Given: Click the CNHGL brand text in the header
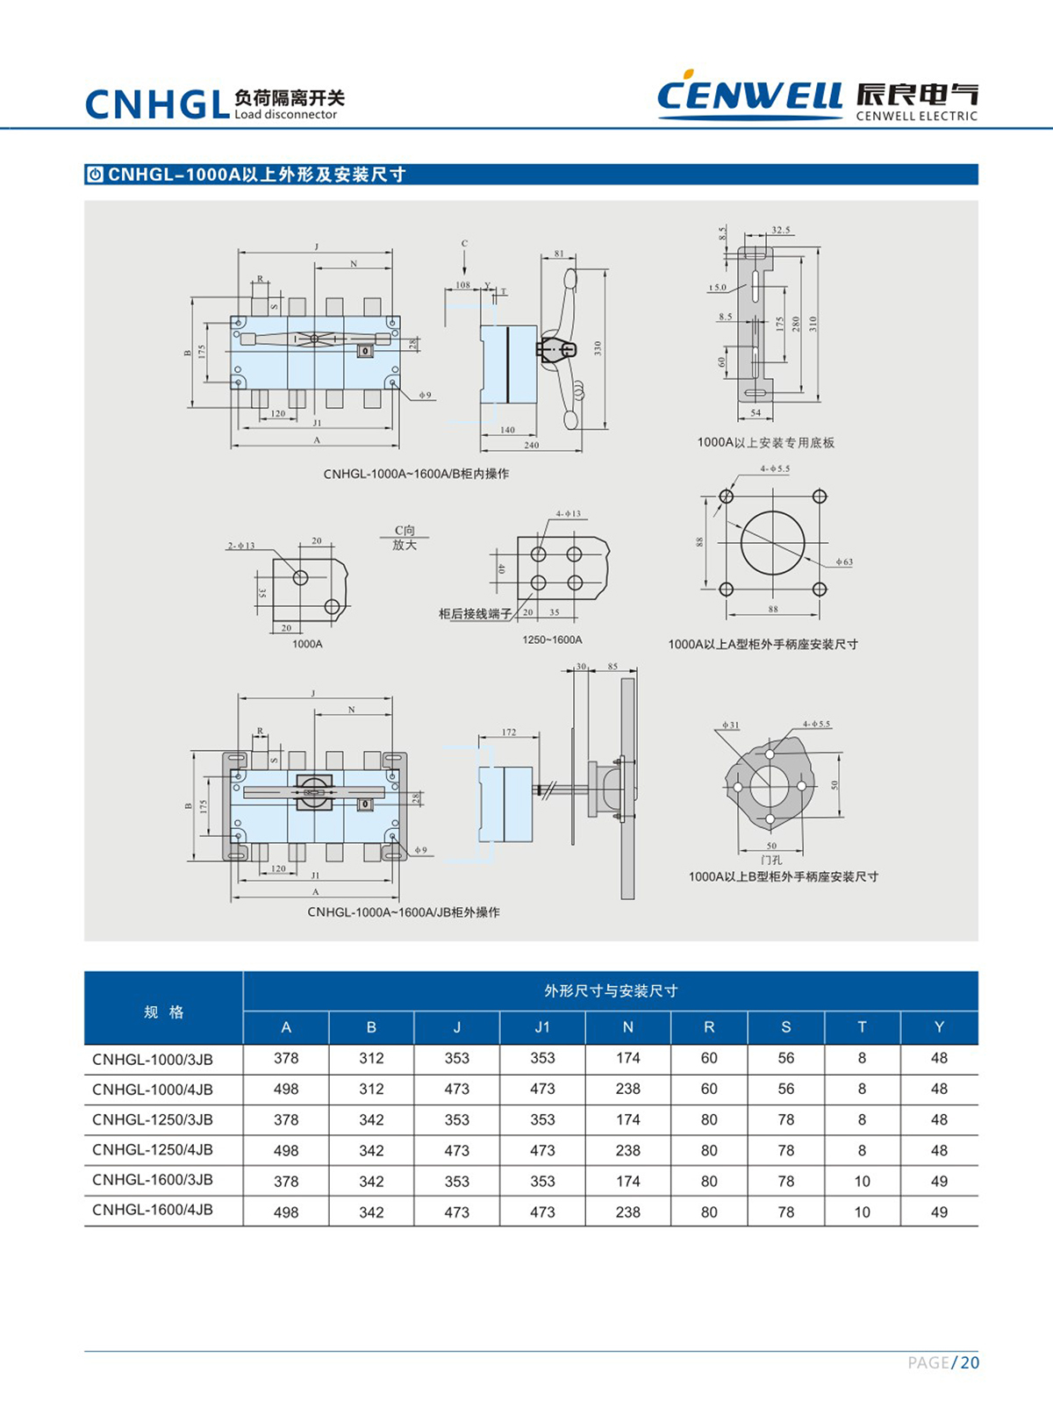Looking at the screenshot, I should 158,104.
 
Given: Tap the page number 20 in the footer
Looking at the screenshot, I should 970,1362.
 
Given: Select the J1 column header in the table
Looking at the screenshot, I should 542,1027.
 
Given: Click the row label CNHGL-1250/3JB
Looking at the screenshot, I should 153,1119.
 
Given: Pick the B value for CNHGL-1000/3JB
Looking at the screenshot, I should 371,1058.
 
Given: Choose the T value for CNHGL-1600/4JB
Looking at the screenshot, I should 862,1211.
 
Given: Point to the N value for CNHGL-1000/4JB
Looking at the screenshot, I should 627,1089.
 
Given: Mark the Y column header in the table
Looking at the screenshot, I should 939,1027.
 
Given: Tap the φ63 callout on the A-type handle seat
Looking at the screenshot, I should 843,562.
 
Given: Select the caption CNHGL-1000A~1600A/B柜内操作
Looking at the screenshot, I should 416,474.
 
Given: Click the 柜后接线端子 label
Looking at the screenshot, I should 475,614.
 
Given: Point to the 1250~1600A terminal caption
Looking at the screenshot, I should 552,640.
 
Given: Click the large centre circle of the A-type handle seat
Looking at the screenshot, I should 772,542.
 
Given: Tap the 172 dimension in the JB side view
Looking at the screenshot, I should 509,732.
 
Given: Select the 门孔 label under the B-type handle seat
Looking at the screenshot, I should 771,860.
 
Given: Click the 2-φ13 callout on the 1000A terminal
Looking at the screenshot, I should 240,546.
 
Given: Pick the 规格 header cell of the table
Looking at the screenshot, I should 163,1011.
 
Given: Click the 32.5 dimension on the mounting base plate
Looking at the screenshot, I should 780,230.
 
